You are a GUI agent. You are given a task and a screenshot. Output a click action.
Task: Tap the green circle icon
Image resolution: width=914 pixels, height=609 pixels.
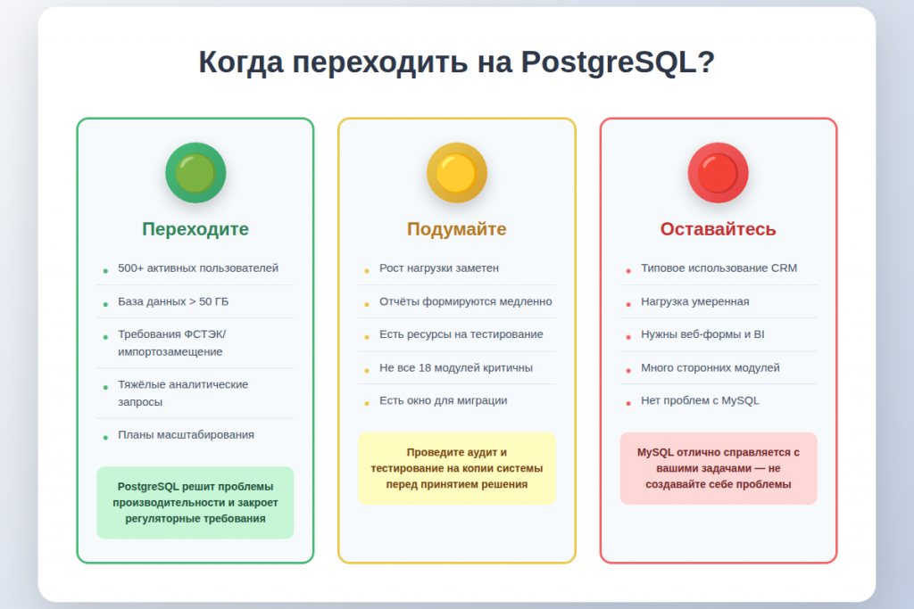pos(195,173)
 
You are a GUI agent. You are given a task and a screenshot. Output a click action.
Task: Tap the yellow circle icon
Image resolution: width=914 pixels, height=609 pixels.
pos(457,173)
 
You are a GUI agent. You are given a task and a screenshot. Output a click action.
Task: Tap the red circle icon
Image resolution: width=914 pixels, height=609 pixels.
pos(718,173)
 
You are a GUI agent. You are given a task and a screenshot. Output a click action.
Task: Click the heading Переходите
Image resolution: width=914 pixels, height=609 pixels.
pos(195,229)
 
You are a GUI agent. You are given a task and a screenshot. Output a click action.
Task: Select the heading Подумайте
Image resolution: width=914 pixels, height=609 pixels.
pos(457,229)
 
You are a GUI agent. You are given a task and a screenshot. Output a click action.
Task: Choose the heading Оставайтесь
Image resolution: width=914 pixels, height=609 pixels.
pos(718,229)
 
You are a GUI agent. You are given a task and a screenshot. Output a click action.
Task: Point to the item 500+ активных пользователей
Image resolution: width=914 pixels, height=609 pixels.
pos(198,268)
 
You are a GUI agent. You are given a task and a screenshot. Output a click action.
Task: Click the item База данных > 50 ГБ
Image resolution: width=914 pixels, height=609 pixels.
pos(173,301)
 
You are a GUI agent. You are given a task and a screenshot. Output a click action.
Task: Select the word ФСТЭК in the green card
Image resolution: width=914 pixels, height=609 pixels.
pos(205,334)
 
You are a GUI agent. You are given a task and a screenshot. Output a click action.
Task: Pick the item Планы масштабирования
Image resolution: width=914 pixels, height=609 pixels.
pos(186,435)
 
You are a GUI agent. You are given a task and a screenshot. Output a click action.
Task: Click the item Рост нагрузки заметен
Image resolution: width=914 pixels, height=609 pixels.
pos(439,268)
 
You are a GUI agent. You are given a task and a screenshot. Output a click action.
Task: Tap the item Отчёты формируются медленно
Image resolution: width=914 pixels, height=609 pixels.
pos(465,301)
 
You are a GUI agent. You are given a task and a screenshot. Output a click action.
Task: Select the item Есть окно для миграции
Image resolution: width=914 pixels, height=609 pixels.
pos(443,400)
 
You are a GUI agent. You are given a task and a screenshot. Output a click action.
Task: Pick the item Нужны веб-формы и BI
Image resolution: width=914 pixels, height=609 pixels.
pos(702,334)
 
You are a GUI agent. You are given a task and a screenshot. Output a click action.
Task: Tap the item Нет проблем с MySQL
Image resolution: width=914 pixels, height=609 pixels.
pos(700,400)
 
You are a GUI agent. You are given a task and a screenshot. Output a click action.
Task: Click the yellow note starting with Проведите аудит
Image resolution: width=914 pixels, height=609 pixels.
pos(457,468)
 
